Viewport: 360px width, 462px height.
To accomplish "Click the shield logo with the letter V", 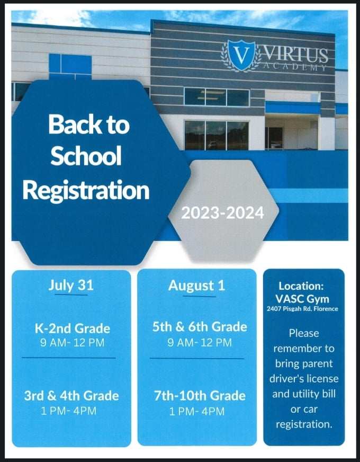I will tap(241, 55).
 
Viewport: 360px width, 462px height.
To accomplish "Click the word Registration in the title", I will tap(86, 189).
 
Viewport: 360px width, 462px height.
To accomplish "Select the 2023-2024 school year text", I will tap(222, 213).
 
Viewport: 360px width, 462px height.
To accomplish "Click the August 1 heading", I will tap(196, 286).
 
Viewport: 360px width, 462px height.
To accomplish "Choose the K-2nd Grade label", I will tap(72, 328).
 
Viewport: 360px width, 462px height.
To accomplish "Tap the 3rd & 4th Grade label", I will tap(71, 396).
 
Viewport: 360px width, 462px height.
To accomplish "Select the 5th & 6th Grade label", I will tap(200, 327).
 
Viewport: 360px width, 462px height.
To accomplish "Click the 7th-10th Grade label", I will tap(200, 396).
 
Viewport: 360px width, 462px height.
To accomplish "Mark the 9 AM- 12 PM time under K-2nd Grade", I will tap(72, 343).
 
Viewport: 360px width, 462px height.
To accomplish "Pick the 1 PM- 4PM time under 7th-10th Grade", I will tap(197, 411).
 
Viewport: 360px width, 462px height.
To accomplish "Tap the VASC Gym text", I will tap(302, 298).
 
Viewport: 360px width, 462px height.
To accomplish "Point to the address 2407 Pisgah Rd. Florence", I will tap(302, 309).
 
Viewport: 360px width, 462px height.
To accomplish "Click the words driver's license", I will tap(304, 379).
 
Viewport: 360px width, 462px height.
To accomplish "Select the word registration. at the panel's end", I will tap(304, 424).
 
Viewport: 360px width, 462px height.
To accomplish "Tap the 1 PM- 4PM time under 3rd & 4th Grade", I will tap(69, 411).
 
